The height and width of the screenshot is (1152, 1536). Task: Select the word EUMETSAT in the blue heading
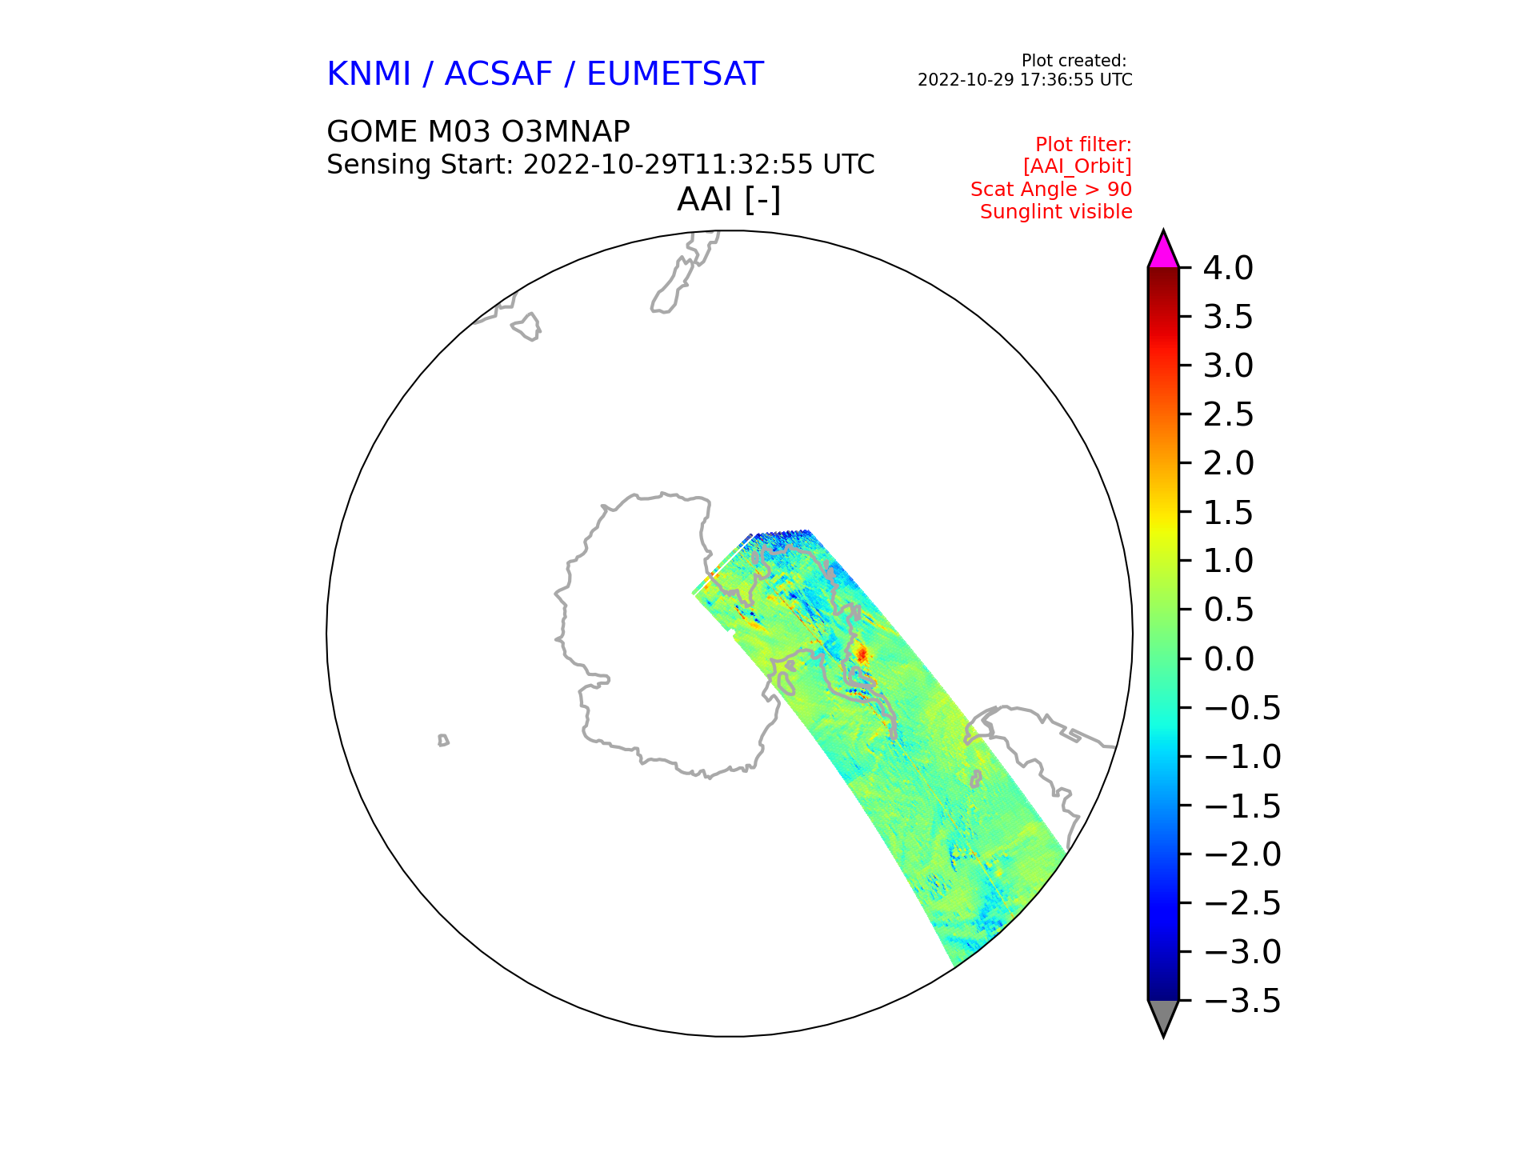pos(675,74)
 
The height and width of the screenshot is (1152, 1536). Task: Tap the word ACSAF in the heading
pos(498,74)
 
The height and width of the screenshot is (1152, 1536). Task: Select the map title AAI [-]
pos(729,200)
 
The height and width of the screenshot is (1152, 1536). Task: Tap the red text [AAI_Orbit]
pos(1078,166)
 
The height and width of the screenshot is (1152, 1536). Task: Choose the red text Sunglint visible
pos(1056,212)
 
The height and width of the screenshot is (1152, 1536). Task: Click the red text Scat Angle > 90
pos(1051,190)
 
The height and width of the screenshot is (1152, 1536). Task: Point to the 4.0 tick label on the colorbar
pos(1228,268)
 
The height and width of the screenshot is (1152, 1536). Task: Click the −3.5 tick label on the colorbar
pos(1242,1001)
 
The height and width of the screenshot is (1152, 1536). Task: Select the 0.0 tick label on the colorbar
pos(1228,659)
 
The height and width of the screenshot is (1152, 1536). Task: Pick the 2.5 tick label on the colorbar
pos(1228,415)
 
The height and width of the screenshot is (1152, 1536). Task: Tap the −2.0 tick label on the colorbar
pos(1242,854)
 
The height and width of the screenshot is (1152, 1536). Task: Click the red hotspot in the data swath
pos(862,654)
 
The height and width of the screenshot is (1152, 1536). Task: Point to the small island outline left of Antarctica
pos(443,740)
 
